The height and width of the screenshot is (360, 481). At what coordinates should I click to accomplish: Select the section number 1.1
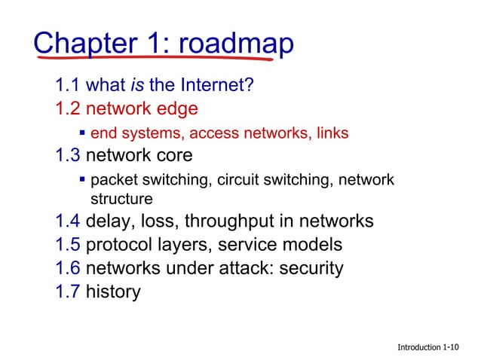coord(68,85)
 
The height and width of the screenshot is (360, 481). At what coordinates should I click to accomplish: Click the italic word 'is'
coord(136,85)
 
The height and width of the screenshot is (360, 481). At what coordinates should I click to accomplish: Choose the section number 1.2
coord(68,108)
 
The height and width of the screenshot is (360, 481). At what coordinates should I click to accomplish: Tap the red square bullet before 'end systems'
coord(82,133)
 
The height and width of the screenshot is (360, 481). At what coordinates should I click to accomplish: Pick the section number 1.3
coord(68,156)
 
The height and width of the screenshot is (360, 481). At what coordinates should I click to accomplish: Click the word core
coord(173,156)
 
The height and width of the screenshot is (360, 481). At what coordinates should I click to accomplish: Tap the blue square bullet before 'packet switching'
coord(82,181)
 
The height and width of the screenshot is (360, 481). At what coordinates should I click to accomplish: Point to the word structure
coord(121,199)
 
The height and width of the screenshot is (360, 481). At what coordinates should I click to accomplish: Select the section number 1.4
coord(68,221)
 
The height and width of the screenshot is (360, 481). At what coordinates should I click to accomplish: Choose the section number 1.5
coord(68,245)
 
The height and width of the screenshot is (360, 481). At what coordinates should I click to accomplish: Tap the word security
coord(309,268)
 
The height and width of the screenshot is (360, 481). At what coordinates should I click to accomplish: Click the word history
coord(113,291)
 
